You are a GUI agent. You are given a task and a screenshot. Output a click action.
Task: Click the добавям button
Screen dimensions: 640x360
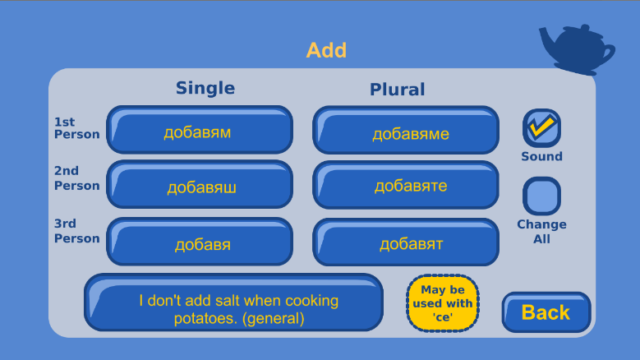tap(200, 130)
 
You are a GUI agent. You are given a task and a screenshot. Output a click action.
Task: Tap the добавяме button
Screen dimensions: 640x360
tap(406, 130)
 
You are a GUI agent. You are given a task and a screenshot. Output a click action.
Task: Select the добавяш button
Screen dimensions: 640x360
tap(200, 184)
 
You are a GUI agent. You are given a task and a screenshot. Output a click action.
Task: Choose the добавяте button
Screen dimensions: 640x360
tap(406, 185)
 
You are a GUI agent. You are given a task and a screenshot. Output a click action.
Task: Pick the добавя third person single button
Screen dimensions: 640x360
tap(200, 242)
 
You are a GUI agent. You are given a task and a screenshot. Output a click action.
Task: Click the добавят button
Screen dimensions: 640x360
tap(406, 242)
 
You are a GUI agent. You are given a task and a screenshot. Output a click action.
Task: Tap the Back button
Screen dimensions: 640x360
tap(546, 312)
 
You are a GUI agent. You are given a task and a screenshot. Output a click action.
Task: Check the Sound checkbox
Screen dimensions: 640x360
tap(542, 128)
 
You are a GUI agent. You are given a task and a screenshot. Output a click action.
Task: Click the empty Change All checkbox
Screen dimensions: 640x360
tap(542, 196)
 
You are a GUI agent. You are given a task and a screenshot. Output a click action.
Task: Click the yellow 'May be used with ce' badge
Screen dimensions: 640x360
tap(442, 303)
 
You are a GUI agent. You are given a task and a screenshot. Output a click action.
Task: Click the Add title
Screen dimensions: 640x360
tap(327, 50)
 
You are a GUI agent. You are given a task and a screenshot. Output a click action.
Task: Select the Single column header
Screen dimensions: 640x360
tap(205, 88)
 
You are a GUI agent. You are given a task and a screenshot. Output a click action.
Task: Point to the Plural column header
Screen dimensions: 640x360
tap(397, 89)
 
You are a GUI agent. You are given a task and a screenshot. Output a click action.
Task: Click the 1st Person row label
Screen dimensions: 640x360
tap(77, 128)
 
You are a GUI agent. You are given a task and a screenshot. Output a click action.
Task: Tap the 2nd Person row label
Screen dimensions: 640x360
tap(77, 178)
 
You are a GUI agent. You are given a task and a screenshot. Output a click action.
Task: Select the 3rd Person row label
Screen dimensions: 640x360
tap(77, 231)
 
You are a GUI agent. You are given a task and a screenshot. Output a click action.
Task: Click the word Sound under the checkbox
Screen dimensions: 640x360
tap(542, 156)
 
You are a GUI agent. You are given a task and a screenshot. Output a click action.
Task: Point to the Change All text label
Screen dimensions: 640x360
tap(542, 231)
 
